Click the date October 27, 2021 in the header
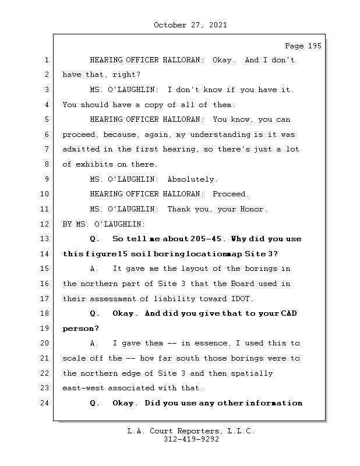tap(190, 25)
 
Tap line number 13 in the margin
tap(47, 239)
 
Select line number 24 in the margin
tap(47, 403)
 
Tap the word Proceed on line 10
tap(231, 194)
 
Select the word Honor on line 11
tap(254, 209)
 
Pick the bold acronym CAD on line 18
tap(288, 313)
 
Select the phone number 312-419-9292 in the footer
tap(190, 440)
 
